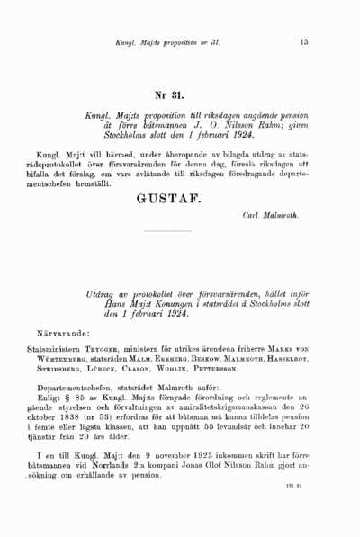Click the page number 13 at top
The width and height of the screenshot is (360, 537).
(x=303, y=41)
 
